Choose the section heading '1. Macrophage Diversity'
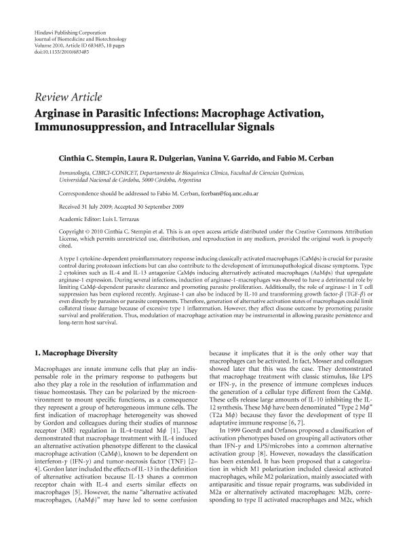[76, 353]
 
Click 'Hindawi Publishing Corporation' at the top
[69, 33]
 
